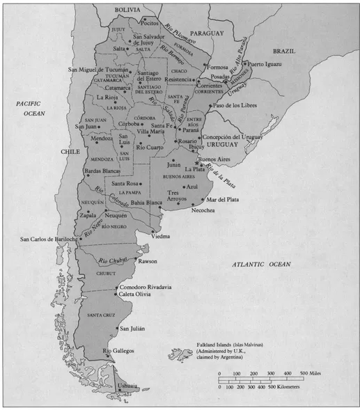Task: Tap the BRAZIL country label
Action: [x=283, y=52]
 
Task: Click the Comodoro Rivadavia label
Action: [x=148, y=287]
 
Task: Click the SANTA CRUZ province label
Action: [x=100, y=316]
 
